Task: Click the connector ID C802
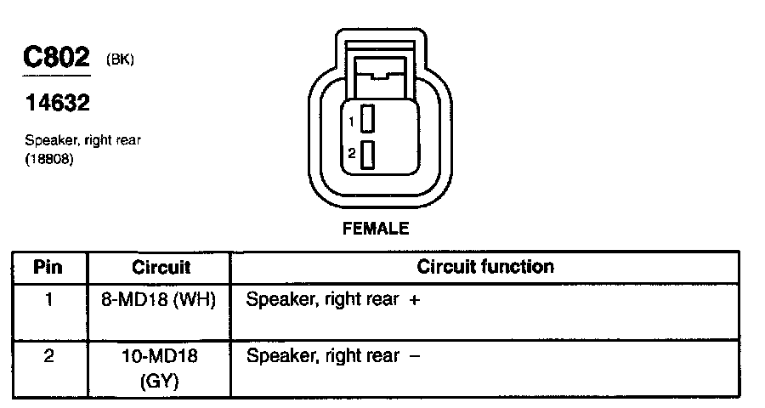[x=56, y=59]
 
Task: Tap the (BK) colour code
[x=120, y=59]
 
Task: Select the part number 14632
[x=56, y=103]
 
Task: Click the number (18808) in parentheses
[x=50, y=157]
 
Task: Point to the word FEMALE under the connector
[x=375, y=229]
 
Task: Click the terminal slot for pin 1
[x=368, y=119]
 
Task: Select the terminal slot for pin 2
[x=368, y=155]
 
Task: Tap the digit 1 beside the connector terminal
[x=351, y=122]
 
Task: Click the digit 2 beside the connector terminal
[x=351, y=154]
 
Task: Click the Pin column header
[x=48, y=267]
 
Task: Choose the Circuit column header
[x=161, y=267]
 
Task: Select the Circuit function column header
[x=485, y=267]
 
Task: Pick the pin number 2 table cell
[x=48, y=356]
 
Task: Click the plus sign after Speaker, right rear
[x=414, y=301]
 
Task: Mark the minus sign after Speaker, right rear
[x=414, y=356]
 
